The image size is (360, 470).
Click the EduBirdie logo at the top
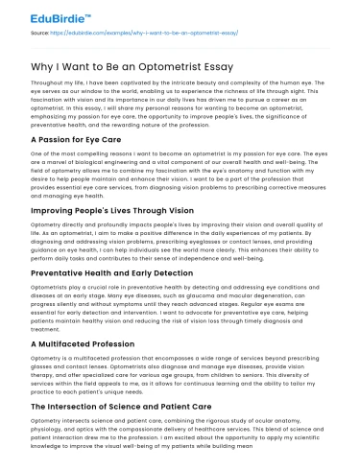(39, 14)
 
